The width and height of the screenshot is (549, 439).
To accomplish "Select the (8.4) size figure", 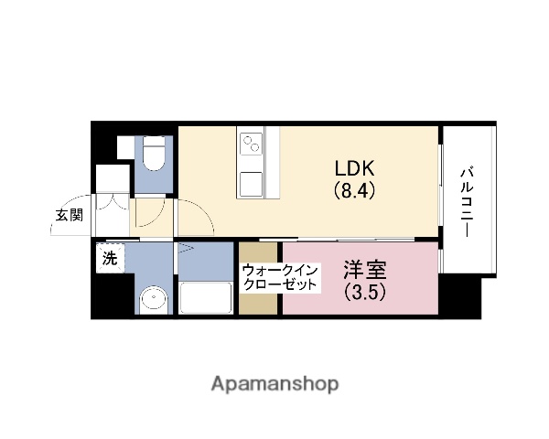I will pos(354,192).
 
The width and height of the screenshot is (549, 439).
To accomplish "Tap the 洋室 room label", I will pos(365,271).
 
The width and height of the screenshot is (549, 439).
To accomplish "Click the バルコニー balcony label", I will pos(467,201).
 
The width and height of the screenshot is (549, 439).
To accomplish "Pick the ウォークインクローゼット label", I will pos(280,277).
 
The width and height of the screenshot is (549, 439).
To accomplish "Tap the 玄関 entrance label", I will pos(68,216).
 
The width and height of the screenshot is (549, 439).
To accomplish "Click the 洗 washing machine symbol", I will pos(110,259).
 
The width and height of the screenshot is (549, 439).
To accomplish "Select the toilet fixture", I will pos(154,155).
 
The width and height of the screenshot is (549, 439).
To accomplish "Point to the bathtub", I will pos(206,297).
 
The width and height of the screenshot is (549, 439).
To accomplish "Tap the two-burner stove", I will pos(252,144).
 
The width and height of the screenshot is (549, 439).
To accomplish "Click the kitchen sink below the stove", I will pos(252,182).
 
